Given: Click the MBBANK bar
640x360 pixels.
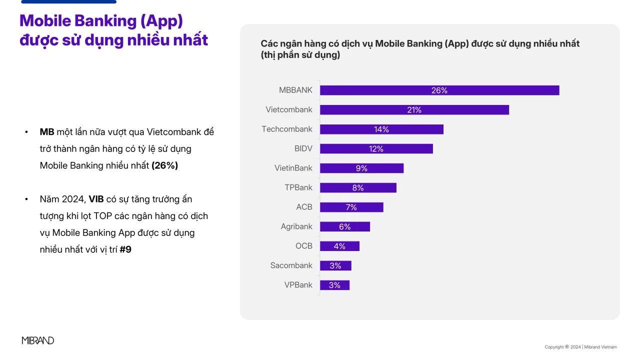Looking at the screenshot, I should tap(439, 90).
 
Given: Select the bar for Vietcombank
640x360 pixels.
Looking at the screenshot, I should tap(414, 110).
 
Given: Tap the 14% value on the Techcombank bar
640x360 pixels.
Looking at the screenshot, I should tap(381, 129).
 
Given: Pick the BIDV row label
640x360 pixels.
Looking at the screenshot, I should tap(303, 148).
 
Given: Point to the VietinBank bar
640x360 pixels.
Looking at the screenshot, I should tap(361, 168).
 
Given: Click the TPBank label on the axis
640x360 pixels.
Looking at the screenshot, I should tap(298, 187).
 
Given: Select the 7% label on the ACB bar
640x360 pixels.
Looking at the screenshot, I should tap(351, 207).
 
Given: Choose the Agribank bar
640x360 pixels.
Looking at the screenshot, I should tap(344, 227).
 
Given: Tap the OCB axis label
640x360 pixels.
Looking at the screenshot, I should tap(303, 246).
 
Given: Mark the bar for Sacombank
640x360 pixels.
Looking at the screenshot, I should tap(335, 266).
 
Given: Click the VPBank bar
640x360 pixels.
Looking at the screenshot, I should tap(334, 285).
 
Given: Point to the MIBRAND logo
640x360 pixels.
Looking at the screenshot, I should tap(38, 340).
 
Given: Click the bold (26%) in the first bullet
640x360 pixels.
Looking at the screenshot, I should tap(164, 165).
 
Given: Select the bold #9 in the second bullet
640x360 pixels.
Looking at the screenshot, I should tap(125, 249).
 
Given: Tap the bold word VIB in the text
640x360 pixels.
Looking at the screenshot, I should tap(96, 199).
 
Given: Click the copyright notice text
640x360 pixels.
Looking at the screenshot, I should tap(580, 347).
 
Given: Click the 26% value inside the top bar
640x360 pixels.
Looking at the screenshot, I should tap(439, 90).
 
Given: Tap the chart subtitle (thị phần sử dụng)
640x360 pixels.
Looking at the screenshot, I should tap(300, 55).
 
